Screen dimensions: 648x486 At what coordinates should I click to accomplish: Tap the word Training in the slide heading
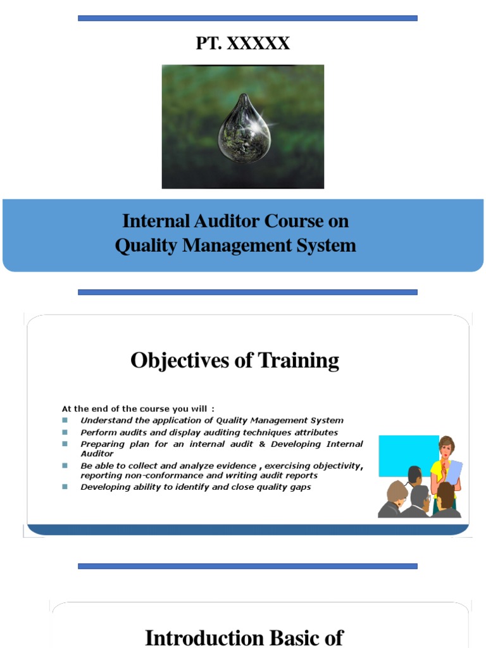(299, 361)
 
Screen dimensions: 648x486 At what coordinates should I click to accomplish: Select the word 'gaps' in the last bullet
(299, 487)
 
